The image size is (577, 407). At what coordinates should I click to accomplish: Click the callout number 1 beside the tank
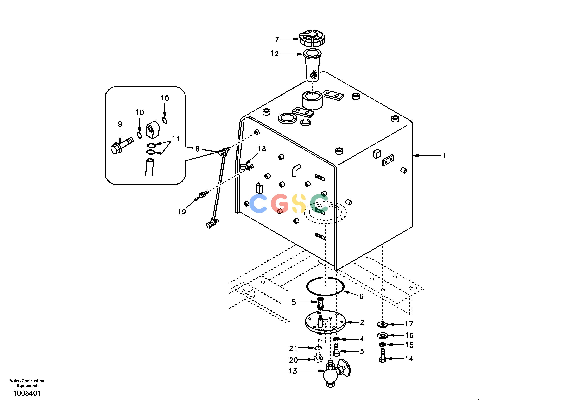[444, 155]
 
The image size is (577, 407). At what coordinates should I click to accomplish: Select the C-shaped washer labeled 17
[383, 325]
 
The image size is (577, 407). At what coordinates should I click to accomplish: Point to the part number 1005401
[27, 393]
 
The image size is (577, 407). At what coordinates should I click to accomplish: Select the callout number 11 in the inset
[176, 138]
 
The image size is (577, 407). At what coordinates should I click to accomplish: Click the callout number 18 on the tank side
[262, 149]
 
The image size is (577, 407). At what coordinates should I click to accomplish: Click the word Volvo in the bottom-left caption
[15, 381]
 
